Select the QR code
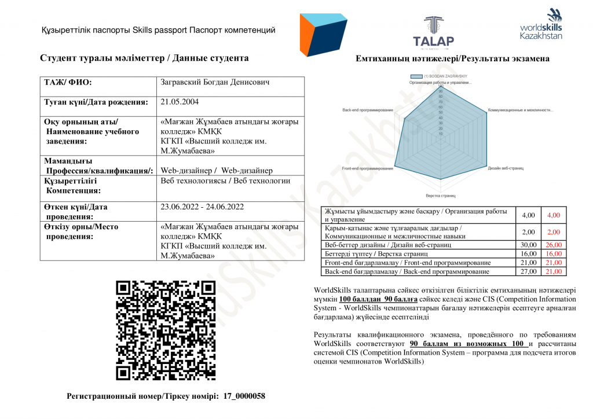click(x=166, y=330)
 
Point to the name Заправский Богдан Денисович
click(x=214, y=82)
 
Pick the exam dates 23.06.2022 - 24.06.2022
click(x=202, y=207)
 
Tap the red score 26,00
click(x=554, y=245)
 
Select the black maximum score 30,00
click(x=528, y=245)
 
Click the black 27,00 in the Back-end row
click(x=528, y=271)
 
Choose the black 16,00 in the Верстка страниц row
click(x=528, y=253)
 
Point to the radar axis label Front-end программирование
click(x=368, y=168)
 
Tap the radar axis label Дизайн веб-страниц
click(x=506, y=168)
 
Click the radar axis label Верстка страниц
click(x=441, y=196)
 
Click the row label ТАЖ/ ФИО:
click(x=68, y=83)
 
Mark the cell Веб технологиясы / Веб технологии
click(x=225, y=181)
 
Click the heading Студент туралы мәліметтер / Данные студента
click(x=144, y=58)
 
